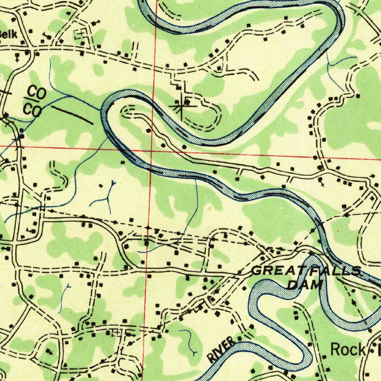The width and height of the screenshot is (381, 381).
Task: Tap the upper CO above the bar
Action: coord(37,92)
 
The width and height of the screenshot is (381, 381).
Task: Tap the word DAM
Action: coord(305,285)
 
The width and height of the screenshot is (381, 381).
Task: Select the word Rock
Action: coord(348,349)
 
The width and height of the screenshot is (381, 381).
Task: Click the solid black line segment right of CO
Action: coord(72,115)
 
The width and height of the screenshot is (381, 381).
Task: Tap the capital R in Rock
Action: coord(335,349)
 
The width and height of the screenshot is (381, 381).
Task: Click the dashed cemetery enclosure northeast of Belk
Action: coord(79,35)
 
